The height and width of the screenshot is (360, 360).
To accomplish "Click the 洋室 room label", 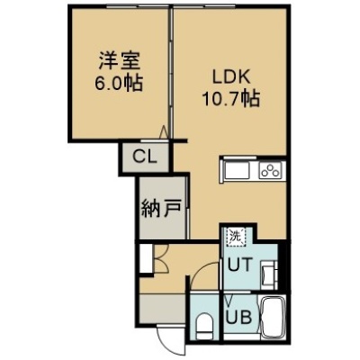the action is (119, 61).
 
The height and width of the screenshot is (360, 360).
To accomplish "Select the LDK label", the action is (230, 77).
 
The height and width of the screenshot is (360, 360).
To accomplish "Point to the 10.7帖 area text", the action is (231, 98).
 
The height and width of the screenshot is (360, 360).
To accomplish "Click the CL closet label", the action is (145, 157).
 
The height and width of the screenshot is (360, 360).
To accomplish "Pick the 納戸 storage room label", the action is (161, 208).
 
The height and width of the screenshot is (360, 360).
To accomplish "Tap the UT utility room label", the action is (239, 265).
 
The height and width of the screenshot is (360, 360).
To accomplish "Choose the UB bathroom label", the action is (238, 317).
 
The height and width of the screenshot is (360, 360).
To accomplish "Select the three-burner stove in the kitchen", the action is (271, 171).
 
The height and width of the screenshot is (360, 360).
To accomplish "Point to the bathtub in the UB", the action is (273, 317).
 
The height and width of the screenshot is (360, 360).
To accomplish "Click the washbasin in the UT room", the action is (267, 274).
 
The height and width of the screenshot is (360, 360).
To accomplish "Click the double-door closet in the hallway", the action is (161, 258).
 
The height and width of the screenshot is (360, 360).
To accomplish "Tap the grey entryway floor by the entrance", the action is (162, 309).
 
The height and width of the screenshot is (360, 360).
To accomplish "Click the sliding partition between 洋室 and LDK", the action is (172, 73).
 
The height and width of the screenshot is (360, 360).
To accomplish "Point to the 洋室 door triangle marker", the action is (164, 131).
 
